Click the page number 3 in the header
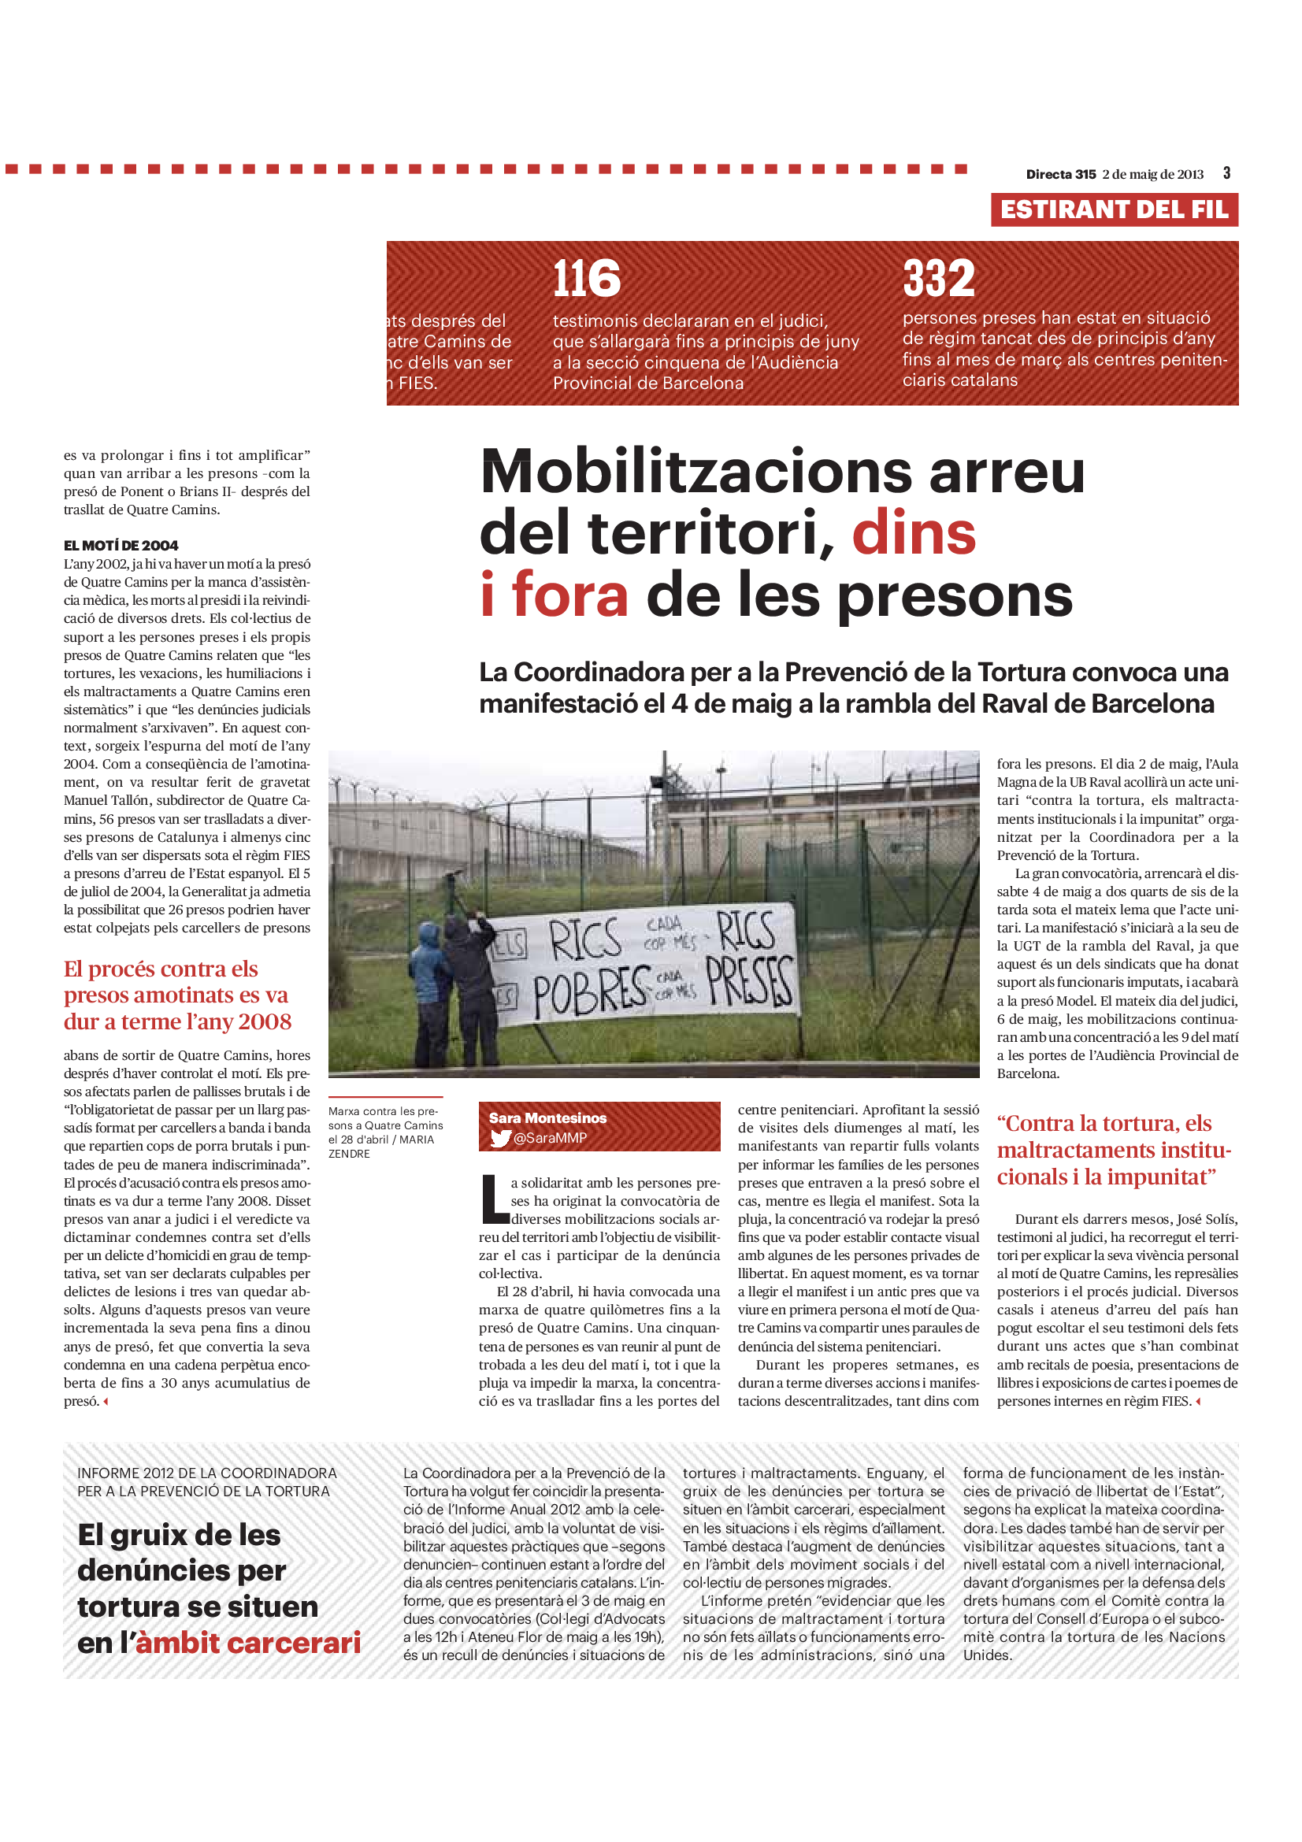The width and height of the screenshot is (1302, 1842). pyautogui.click(x=1226, y=173)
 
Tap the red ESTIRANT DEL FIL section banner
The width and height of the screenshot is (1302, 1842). pyautogui.click(x=1114, y=209)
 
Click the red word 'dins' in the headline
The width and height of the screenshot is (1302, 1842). pyautogui.click(x=914, y=532)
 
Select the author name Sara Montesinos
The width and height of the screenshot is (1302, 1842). pyautogui.click(x=548, y=1117)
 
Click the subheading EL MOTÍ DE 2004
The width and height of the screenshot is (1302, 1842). pyautogui.click(x=121, y=546)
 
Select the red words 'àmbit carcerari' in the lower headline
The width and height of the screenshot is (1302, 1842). pyautogui.click(x=249, y=1643)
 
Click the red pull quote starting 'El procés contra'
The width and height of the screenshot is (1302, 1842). pyautogui.click(x=177, y=995)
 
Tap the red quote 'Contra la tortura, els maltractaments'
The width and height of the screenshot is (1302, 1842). pyautogui.click(x=1114, y=1150)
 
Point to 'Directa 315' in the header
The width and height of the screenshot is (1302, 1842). pyautogui.click(x=1060, y=174)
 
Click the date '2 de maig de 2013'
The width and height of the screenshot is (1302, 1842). pyautogui.click(x=1153, y=174)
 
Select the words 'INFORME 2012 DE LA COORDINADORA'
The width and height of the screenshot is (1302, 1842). pyautogui.click(x=207, y=1473)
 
